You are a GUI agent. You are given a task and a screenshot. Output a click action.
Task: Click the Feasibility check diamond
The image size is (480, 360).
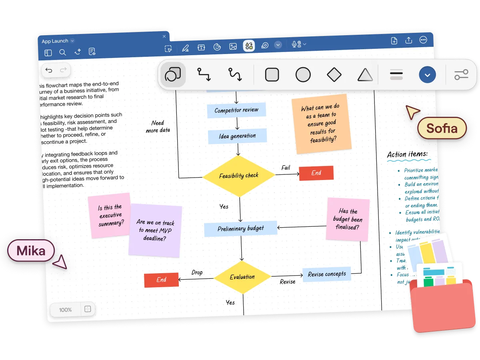239,176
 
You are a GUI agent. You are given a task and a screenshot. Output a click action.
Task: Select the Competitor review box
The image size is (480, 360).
236,110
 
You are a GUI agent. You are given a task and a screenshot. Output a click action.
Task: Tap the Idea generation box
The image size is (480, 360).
237,136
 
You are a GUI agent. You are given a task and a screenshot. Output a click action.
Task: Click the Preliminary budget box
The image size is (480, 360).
240,228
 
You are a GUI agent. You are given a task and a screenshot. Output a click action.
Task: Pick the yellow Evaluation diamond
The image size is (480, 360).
242,277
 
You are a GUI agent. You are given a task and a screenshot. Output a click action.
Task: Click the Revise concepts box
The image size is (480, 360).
327,274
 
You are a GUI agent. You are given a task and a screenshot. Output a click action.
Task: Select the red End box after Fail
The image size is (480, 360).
316,173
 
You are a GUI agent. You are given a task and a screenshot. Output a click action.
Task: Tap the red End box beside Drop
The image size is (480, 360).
161,280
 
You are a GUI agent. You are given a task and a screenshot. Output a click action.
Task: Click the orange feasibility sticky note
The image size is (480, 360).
322,125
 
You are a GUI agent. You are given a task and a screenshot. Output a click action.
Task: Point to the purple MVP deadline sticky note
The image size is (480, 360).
155,230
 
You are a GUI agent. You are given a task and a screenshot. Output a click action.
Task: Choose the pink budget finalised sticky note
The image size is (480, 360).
347,219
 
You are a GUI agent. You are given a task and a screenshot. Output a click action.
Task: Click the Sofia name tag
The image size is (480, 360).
442,128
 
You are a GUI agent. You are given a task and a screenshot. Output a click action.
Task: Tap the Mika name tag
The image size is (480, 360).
31,251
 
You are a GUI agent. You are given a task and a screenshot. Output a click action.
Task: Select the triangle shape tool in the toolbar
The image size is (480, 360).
365,75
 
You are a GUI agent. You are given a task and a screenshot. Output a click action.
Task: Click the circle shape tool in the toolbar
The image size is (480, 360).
303,75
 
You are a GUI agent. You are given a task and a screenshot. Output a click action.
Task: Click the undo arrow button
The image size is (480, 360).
49,70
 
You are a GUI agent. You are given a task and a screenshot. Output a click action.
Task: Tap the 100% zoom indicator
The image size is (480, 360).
65,310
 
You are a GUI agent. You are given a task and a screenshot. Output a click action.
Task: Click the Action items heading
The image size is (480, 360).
407,154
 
